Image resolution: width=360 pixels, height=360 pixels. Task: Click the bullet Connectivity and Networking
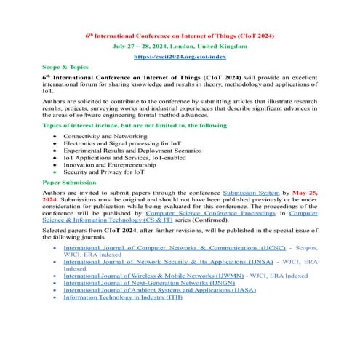pyautogui.click(x=104, y=136)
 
